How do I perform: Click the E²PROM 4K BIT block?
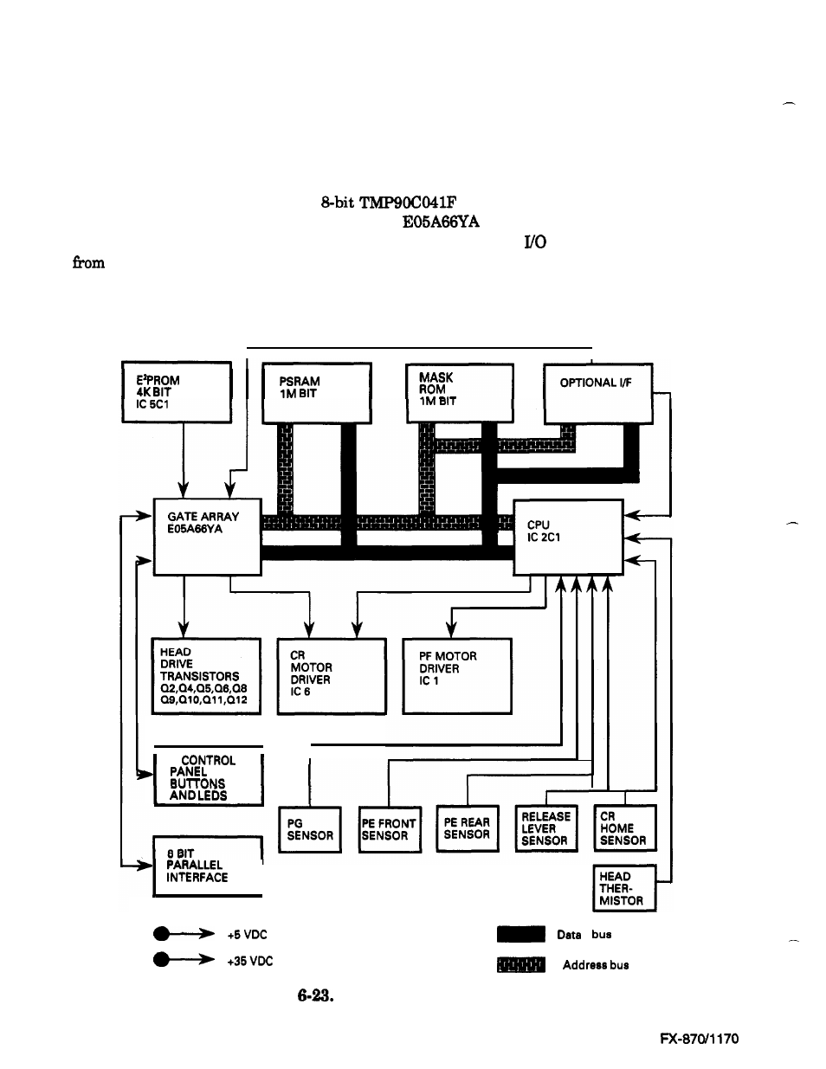coord(177,392)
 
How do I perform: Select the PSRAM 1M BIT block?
coord(317,392)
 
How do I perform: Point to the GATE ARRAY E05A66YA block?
coord(208,537)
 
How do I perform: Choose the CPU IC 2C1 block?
coord(568,537)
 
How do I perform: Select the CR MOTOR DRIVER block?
coord(332,676)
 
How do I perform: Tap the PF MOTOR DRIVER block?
coord(457,676)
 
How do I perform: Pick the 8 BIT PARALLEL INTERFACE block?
coord(207,866)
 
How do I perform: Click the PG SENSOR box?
coord(310,829)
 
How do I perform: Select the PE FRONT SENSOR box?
coord(390,829)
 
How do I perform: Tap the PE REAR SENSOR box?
coord(468,828)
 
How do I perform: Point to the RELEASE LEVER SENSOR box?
coord(546,828)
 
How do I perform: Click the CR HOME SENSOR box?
coord(624,828)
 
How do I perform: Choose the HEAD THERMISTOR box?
coord(624,887)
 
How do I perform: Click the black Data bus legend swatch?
coord(521,934)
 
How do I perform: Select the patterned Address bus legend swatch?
coord(521,964)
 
